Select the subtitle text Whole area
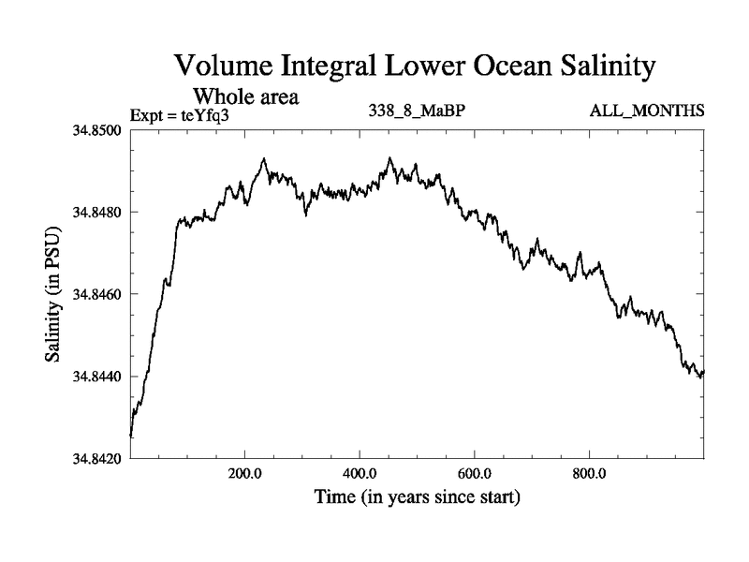(245, 96)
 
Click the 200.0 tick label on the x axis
(245, 471)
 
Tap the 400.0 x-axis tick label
(360, 471)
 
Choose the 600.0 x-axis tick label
(475, 471)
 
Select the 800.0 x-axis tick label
(590, 471)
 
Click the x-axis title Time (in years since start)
(417, 496)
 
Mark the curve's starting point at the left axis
(131, 436)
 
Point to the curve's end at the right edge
(703, 372)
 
